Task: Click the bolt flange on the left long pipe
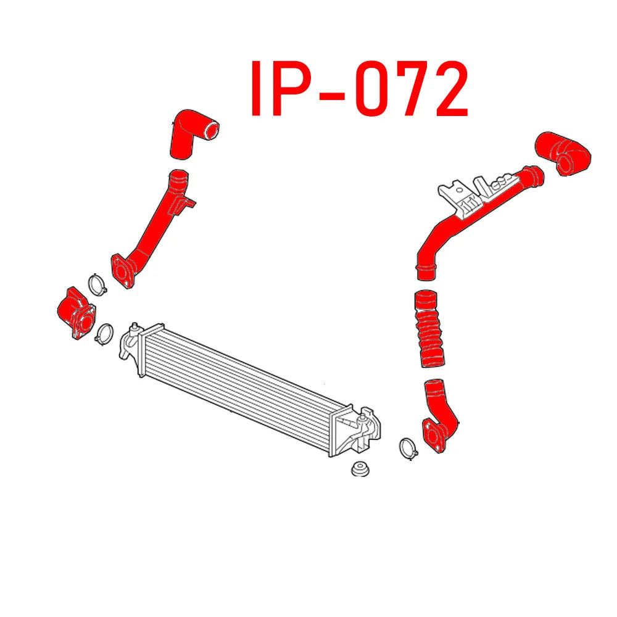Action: [x=122, y=270]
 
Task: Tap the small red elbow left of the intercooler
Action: [x=73, y=312]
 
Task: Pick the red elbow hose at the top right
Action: [x=563, y=152]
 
